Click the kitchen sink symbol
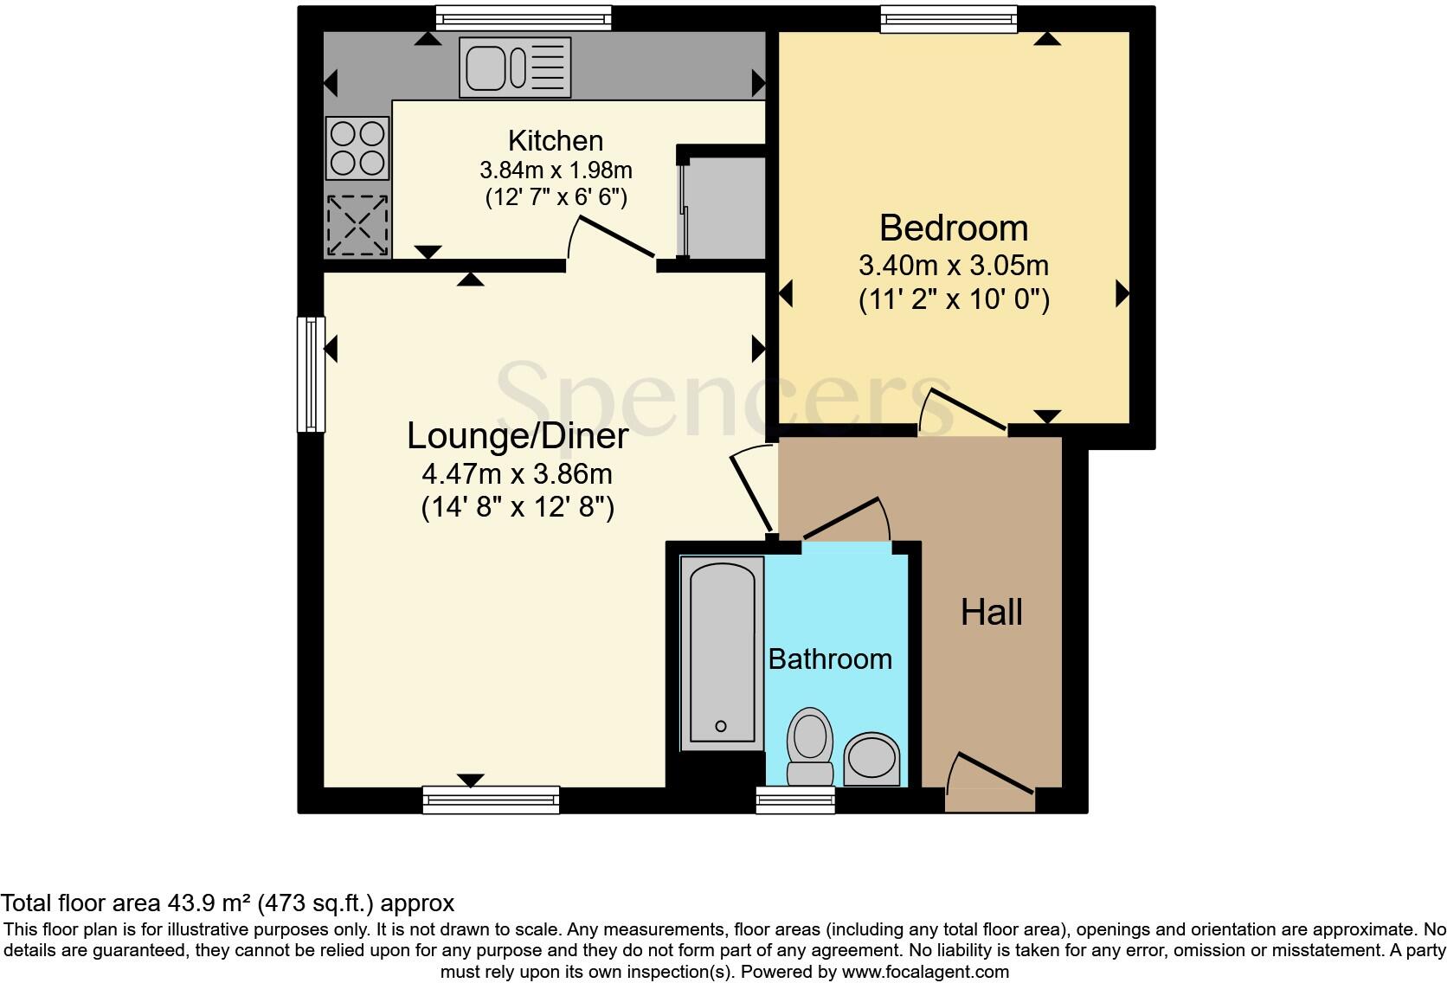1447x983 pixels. click(516, 66)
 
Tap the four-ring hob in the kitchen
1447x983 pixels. click(357, 148)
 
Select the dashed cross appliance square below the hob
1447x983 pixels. click(357, 225)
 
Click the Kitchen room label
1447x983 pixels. click(556, 140)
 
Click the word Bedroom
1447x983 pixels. click(954, 228)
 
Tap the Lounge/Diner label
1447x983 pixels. click(518, 435)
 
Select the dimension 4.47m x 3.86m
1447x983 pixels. click(517, 473)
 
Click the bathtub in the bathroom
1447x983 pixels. click(722, 653)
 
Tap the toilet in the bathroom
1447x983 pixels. click(810, 746)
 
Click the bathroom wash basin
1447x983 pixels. click(871, 759)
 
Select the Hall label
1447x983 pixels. click(992, 613)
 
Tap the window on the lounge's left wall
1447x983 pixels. click(311, 374)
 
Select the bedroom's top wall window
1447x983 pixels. click(949, 19)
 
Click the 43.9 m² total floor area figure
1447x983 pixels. click(208, 903)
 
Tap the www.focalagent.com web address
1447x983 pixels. click(925, 972)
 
